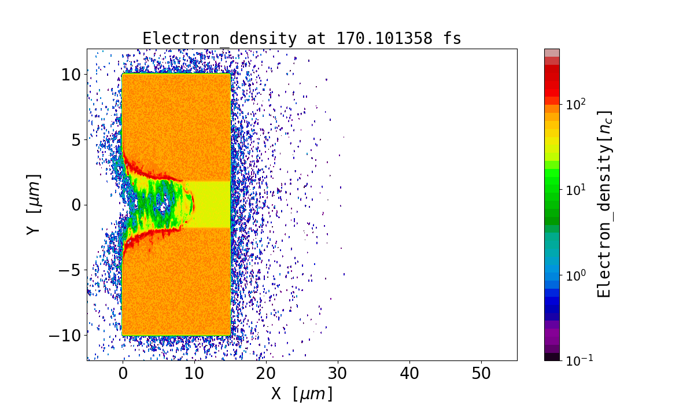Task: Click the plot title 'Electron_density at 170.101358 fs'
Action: pyautogui.click(x=301, y=39)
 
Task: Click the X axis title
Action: pyautogui.click(x=302, y=394)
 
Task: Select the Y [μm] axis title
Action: pyautogui.click(x=34, y=204)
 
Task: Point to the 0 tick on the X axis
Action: pyautogui.click(x=123, y=374)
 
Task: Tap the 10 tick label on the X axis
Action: pyautogui.click(x=194, y=374)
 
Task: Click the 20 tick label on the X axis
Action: pyautogui.click(x=266, y=374)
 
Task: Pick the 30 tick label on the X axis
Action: pyautogui.click(x=338, y=374)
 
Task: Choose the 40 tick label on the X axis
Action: pyautogui.click(x=409, y=374)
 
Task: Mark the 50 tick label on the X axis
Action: pyautogui.click(x=481, y=374)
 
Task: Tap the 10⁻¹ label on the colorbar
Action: pyautogui.click(x=579, y=360)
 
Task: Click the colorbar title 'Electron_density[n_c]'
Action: pyautogui.click(x=604, y=204)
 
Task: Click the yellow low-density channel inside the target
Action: pyautogui.click(x=211, y=204)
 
